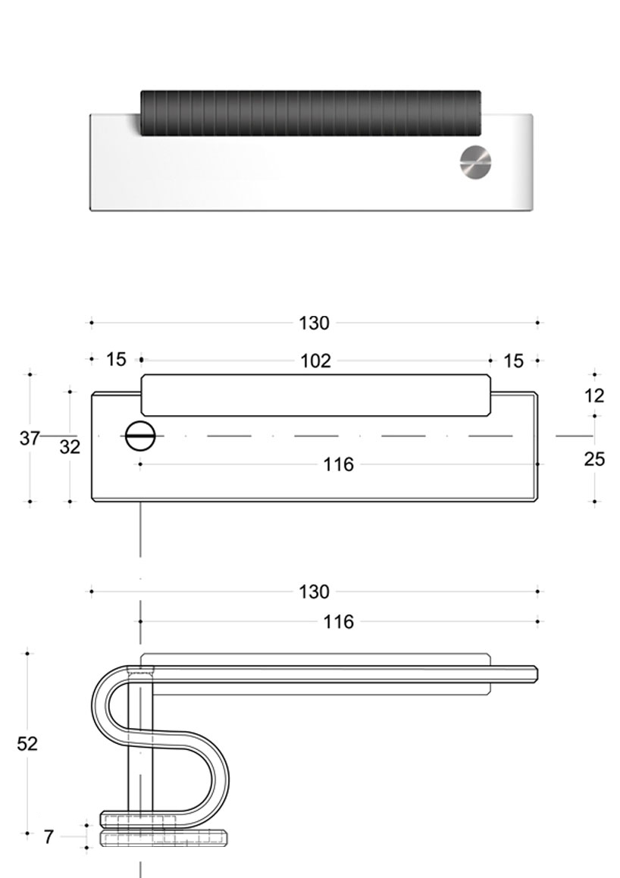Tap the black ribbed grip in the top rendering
311,113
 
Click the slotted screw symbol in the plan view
139,436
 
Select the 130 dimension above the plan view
314,323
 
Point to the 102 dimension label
315,361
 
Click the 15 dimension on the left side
116,359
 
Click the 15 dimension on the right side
513,361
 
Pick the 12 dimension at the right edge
595,395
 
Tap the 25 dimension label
595,458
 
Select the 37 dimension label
29,438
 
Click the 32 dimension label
70,447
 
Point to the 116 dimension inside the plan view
338,464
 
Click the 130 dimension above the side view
314,592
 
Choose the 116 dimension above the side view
338,622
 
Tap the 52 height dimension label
27,744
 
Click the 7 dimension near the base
49,837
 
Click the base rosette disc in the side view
164,837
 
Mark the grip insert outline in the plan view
315,395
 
